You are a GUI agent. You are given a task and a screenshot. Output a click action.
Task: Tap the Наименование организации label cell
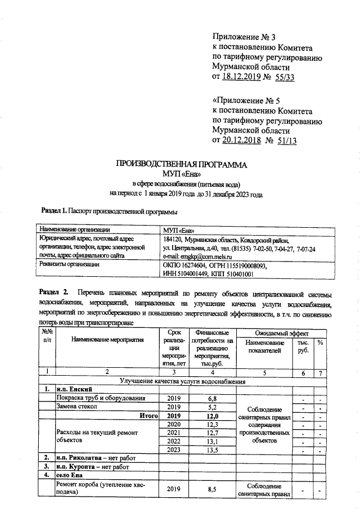[73, 229]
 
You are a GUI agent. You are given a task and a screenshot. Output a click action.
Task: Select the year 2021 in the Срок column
[174, 433]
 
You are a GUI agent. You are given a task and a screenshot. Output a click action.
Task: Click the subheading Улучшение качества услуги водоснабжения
[182, 381]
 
